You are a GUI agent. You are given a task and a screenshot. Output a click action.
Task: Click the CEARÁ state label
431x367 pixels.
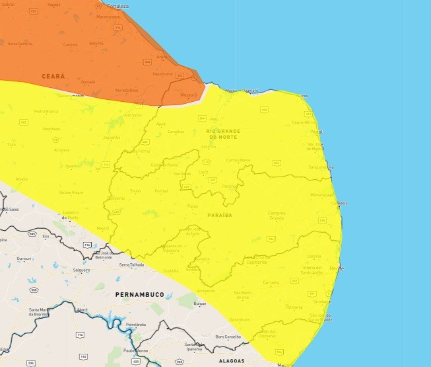53,77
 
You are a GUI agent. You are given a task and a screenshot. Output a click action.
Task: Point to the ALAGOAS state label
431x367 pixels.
232,361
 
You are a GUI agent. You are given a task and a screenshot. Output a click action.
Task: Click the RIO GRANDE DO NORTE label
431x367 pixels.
223,134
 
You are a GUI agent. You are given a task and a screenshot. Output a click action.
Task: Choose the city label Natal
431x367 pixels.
316,132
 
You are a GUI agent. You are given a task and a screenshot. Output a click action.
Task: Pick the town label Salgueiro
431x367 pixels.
82,270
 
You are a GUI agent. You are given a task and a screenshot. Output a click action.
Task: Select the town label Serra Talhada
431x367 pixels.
131,265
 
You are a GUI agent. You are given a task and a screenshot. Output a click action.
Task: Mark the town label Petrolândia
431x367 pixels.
135,325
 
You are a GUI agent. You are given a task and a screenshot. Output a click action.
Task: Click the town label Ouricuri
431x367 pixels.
24,258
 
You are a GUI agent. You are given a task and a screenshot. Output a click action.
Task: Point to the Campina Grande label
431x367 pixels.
276,216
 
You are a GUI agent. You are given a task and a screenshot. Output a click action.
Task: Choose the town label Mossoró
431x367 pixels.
188,95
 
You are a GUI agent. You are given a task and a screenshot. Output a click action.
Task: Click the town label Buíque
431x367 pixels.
200,304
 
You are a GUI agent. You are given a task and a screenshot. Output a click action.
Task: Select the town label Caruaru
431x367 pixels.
271,282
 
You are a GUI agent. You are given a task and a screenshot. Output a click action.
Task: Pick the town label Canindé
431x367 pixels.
70,44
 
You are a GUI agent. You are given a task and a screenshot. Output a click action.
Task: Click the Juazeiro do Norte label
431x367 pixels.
70,215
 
